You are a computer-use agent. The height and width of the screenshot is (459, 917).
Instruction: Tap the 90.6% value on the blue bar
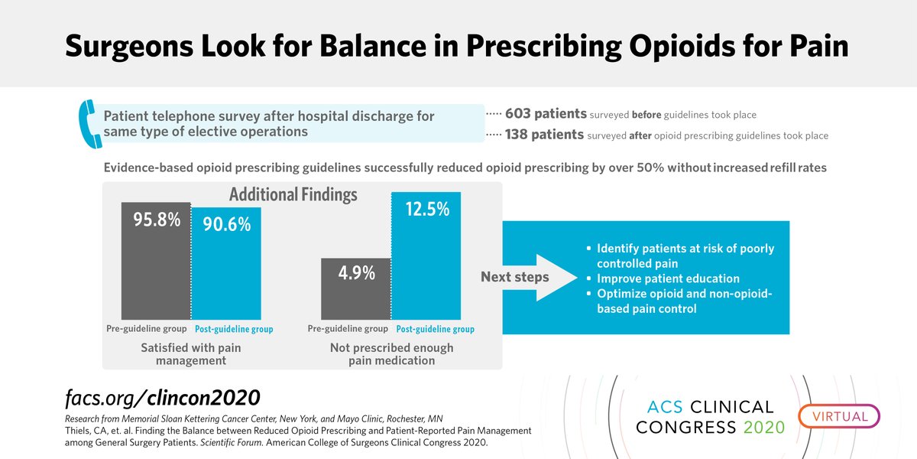click(x=226, y=225)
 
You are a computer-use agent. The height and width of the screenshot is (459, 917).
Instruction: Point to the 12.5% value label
click(x=426, y=210)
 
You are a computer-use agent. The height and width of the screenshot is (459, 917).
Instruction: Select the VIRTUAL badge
click(x=840, y=417)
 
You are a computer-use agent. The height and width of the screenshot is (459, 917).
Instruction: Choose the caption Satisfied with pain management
click(x=191, y=353)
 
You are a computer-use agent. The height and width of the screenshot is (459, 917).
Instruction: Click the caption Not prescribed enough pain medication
click(x=390, y=353)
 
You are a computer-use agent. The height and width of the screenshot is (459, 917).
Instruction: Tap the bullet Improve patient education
click(x=668, y=278)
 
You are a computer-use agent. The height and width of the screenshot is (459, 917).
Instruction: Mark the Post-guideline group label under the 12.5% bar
click(x=435, y=330)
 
